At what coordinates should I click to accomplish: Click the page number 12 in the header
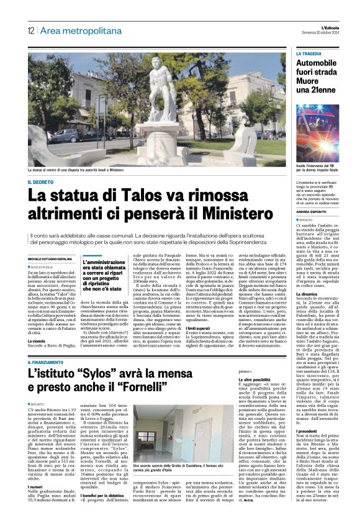pos(30,30)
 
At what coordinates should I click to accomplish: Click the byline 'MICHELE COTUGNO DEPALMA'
pos(53,256)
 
